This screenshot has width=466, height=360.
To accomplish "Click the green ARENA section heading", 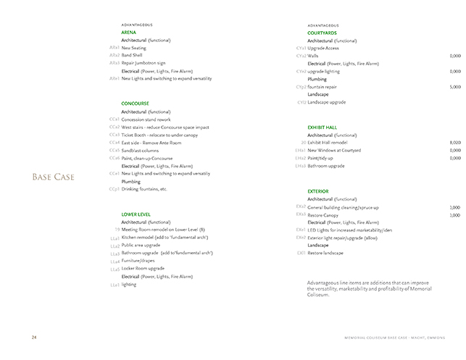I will point(129,33).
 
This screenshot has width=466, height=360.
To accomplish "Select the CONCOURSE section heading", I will point(136,104).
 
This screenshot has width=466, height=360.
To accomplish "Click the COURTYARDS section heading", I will point(322,33).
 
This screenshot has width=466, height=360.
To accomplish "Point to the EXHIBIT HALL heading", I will point(323,127).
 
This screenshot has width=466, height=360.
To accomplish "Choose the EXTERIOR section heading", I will point(318,191).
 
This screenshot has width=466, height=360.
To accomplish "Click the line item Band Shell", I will point(132,55).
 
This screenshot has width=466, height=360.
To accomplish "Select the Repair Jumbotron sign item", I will point(143,63).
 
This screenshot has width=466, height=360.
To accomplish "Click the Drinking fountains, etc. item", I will point(144,189).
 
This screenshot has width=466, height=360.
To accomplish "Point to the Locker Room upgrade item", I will point(143,268).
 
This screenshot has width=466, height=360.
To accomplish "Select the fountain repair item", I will point(323,87).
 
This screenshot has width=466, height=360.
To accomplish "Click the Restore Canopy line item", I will point(324,215).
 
